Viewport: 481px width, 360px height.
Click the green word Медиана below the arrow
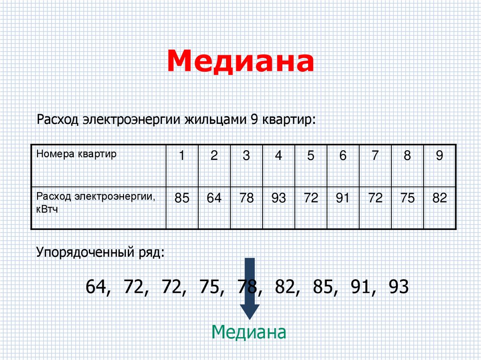248,332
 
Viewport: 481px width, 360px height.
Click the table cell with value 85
182,199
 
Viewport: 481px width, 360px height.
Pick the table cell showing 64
214,199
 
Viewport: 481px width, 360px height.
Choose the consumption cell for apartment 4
279,199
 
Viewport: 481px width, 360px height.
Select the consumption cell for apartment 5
310,199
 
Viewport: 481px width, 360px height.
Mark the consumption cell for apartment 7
375,199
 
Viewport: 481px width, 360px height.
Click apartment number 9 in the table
439,156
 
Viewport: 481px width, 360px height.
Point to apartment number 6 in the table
343,156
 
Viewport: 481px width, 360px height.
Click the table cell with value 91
343,199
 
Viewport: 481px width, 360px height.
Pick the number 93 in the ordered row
399,286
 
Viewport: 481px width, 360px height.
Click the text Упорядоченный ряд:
101,254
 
